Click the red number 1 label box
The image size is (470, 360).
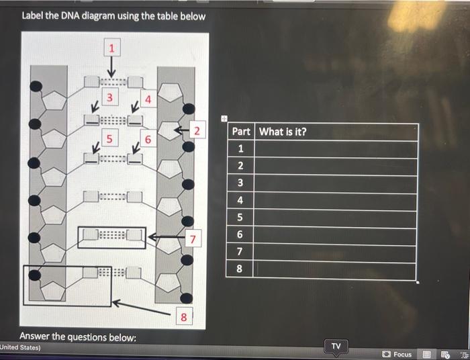coord(112,48)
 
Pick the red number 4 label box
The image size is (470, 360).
coord(149,101)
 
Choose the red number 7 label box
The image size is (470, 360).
coord(193,238)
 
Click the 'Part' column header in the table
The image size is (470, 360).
coord(241,132)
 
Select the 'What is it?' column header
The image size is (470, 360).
coord(283,132)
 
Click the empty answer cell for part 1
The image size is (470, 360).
coord(335,149)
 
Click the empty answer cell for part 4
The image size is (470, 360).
coord(335,200)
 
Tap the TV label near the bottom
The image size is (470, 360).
coord(336,346)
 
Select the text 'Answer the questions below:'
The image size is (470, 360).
coord(78,336)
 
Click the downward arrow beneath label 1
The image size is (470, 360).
coord(112,67)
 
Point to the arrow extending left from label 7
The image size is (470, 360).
coord(166,237)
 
